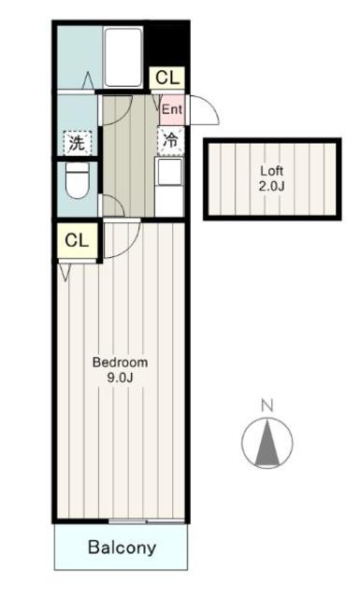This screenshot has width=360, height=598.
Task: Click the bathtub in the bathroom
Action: click(x=122, y=58)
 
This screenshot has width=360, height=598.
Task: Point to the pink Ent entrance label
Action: click(x=171, y=109)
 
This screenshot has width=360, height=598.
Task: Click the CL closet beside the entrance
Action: click(x=169, y=78)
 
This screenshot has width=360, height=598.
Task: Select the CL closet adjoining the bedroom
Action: click(x=78, y=240)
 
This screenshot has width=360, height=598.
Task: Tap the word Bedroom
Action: click(x=119, y=362)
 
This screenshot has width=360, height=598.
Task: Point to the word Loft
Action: click(x=271, y=172)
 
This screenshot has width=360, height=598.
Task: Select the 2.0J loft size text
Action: click(x=271, y=187)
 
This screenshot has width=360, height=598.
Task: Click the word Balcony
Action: click(x=122, y=548)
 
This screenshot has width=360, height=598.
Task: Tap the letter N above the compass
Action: click(x=266, y=406)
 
